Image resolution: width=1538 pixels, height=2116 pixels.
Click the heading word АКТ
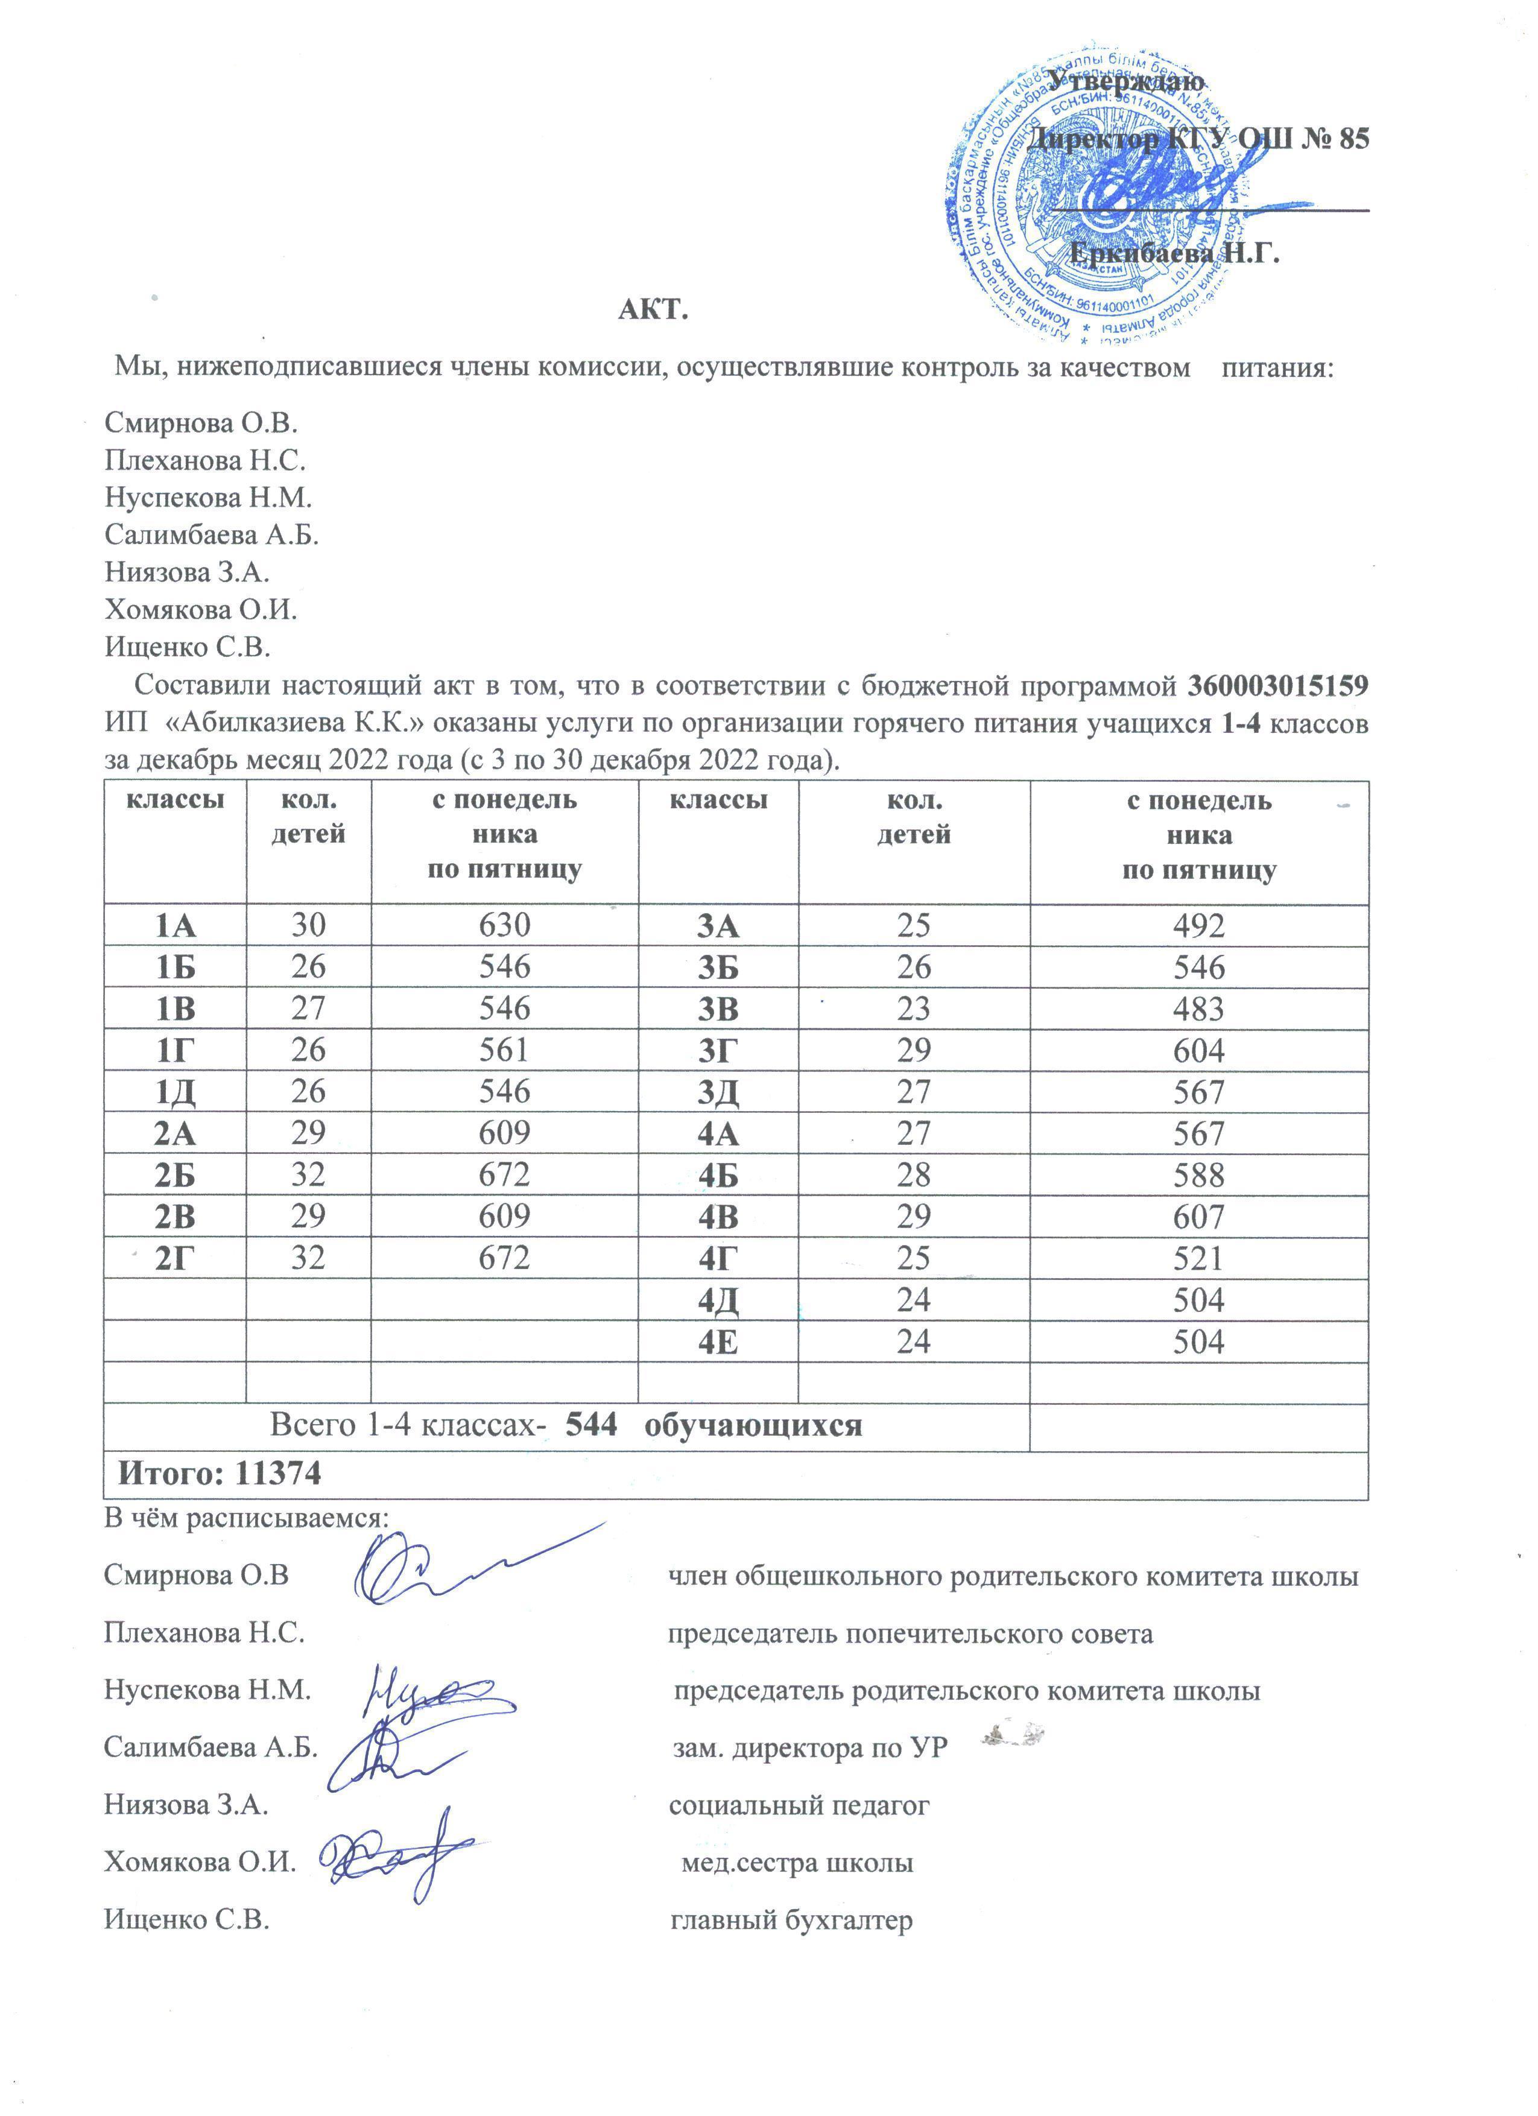tap(653, 310)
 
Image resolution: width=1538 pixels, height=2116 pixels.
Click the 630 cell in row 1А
tap(505, 925)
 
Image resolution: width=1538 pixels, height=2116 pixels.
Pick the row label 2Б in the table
tap(176, 1174)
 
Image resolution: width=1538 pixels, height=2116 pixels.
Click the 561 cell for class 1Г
tap(505, 1051)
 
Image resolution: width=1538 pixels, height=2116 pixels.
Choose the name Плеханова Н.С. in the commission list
tap(205, 460)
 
